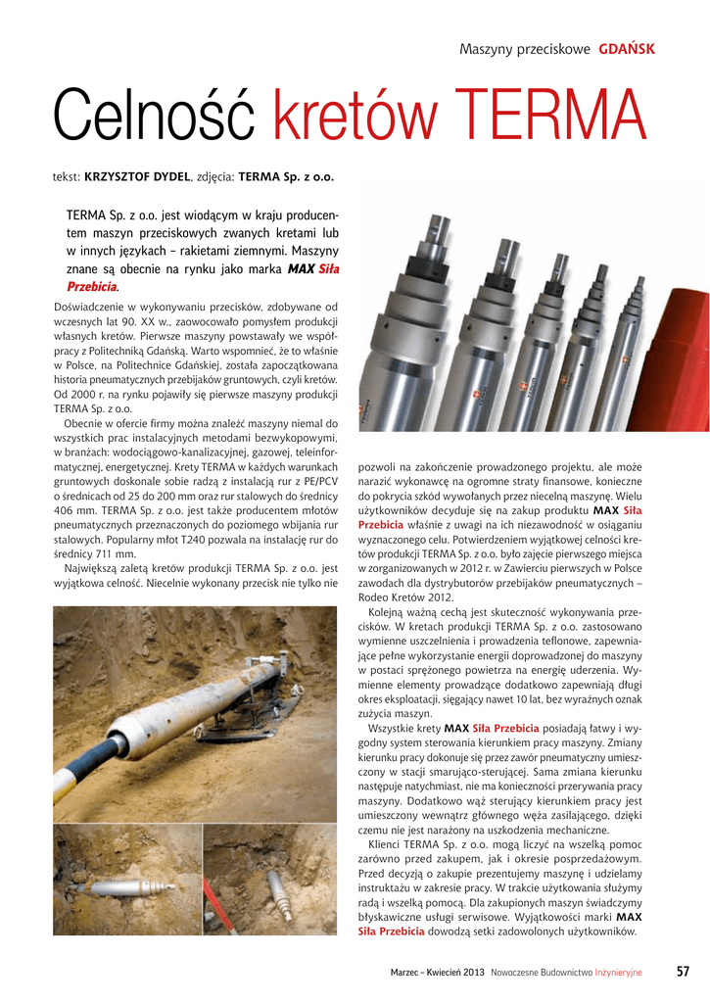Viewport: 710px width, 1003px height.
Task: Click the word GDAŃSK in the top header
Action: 627,49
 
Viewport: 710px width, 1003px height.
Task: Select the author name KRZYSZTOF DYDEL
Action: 137,178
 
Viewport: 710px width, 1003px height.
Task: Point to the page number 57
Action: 683,972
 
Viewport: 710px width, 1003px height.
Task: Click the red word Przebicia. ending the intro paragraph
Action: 92,287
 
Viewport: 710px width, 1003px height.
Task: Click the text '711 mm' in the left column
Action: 114,553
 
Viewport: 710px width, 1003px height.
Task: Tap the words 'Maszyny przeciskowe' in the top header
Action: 525,49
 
